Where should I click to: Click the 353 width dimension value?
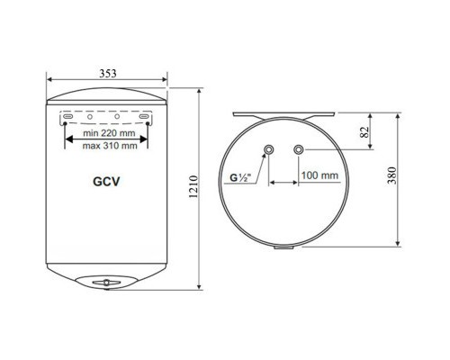tap(108, 73)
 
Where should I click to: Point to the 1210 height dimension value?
tap(193, 186)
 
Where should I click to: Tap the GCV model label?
tap(106, 182)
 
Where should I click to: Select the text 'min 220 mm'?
tap(109, 132)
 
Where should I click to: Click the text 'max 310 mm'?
tap(110, 146)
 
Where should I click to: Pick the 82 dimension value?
tap(364, 131)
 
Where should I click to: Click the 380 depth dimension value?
tap(391, 175)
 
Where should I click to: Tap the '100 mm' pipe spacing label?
tap(319, 175)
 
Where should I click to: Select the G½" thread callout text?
tap(240, 178)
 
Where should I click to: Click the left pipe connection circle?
tap(268, 149)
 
